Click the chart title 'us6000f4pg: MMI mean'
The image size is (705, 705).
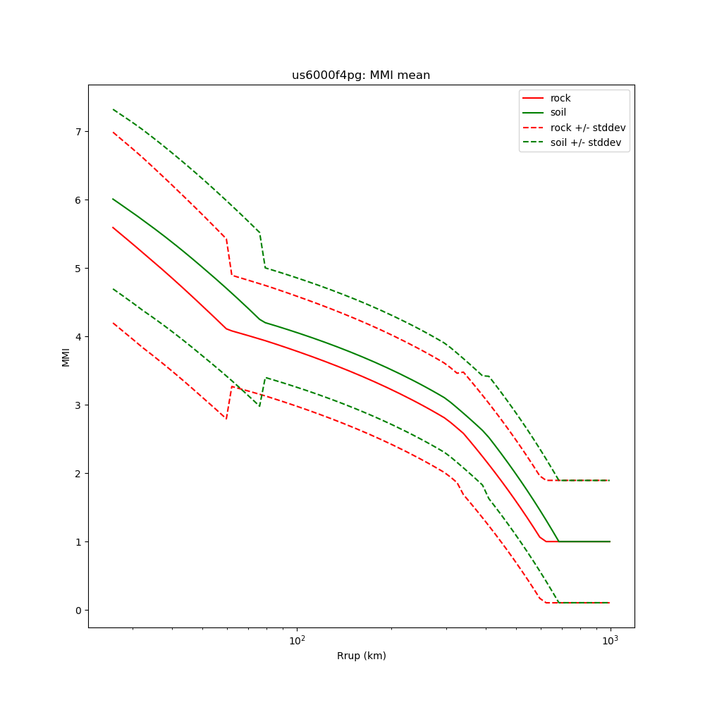click(x=361, y=75)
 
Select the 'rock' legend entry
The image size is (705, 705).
click(x=560, y=98)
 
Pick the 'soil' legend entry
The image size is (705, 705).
click(x=558, y=113)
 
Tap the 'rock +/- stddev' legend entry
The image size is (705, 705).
click(x=588, y=128)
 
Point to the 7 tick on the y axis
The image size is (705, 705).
click(x=79, y=132)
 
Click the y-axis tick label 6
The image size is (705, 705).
click(x=79, y=200)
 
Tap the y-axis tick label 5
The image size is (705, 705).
click(x=79, y=269)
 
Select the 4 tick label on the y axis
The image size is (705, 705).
click(x=79, y=337)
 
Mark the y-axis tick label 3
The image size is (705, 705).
click(x=79, y=405)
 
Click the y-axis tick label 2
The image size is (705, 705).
click(x=79, y=474)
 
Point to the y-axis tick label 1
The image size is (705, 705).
click(x=79, y=542)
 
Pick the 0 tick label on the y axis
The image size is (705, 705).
click(x=79, y=611)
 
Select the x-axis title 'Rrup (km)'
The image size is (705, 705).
click(x=361, y=656)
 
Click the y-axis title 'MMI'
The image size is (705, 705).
click(x=66, y=357)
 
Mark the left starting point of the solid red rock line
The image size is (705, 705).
click(x=113, y=227)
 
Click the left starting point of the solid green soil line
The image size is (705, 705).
click(x=113, y=199)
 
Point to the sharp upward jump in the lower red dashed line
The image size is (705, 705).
click(x=228, y=403)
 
